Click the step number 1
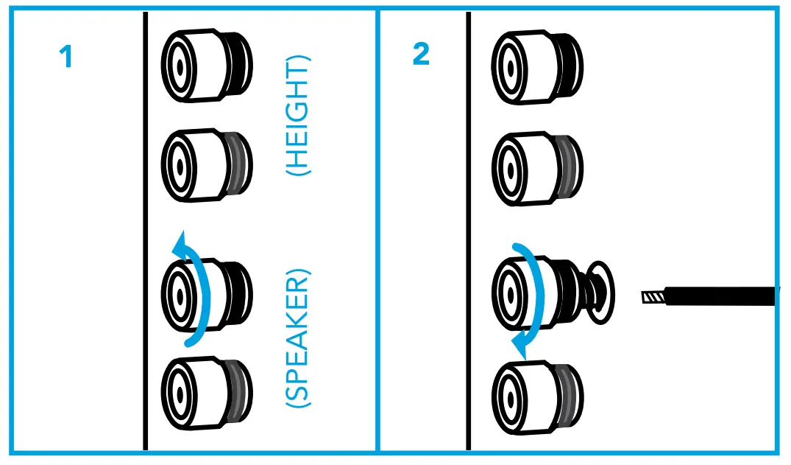click(x=66, y=57)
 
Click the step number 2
click(x=421, y=55)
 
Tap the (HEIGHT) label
click(x=299, y=116)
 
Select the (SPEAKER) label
click(x=298, y=340)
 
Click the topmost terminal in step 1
click(x=206, y=66)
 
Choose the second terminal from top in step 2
click(x=537, y=168)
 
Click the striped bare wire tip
click(x=653, y=298)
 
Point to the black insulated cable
click(x=721, y=297)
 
